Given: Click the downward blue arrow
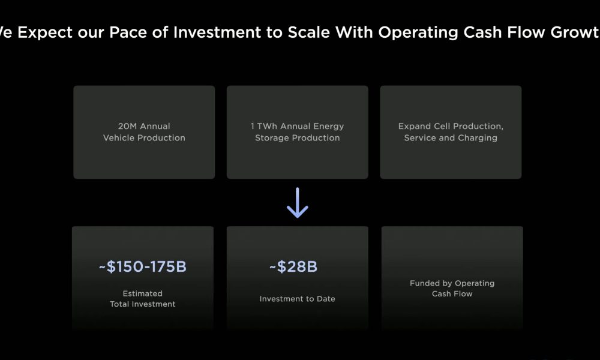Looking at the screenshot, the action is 298,203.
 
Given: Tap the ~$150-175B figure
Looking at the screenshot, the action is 143,266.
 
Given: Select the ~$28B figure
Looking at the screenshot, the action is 293,266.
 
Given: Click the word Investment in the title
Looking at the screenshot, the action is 217,32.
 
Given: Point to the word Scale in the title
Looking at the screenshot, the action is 308,32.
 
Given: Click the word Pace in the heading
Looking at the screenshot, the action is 126,32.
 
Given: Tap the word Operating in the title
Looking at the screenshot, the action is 418,33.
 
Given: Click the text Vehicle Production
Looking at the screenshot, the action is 144,138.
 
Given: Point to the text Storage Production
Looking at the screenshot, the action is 298,138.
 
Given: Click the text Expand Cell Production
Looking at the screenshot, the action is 451,127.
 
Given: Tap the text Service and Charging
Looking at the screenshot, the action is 451,138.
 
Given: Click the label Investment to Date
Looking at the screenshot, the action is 298,299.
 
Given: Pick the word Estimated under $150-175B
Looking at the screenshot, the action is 142,293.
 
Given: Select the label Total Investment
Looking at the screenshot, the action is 142,304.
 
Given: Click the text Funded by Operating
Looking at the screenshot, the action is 452,283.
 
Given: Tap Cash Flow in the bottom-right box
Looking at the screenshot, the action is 452,294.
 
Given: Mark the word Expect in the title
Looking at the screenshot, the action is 45,33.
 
